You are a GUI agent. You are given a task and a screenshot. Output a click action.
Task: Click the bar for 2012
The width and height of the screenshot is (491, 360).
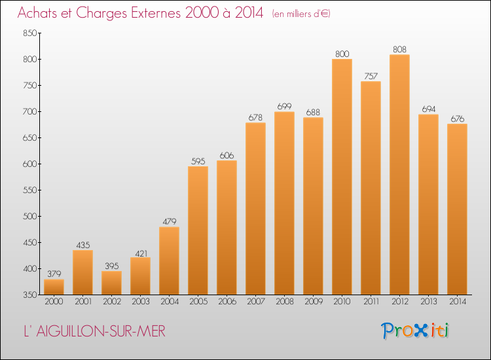click(399, 175)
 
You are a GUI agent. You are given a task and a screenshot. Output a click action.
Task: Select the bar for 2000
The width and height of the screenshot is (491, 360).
click(54, 287)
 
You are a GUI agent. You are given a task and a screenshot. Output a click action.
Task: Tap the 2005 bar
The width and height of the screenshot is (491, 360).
click(198, 230)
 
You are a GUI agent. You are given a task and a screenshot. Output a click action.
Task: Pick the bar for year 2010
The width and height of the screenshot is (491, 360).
click(342, 177)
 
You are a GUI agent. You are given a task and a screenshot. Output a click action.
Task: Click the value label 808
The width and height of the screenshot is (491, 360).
click(399, 50)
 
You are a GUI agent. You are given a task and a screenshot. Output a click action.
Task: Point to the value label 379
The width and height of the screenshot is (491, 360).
click(54, 274)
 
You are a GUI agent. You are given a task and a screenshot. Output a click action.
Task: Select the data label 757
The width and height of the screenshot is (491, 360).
click(371, 76)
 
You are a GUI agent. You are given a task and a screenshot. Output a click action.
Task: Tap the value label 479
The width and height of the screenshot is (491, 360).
click(170, 222)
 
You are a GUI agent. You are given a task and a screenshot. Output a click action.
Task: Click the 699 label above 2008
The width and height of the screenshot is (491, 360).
click(284, 107)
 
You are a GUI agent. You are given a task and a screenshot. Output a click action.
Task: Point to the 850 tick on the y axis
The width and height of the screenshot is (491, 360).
click(30, 33)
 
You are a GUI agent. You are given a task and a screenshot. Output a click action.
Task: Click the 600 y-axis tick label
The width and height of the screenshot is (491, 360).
click(30, 164)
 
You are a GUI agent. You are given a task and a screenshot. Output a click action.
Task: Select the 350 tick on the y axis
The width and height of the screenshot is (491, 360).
click(30, 295)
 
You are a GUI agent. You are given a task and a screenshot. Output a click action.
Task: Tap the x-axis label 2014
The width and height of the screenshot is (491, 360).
click(458, 302)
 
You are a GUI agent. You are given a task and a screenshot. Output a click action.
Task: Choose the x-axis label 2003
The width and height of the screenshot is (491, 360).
click(141, 302)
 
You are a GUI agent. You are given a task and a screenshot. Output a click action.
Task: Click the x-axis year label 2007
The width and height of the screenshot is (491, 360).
click(256, 302)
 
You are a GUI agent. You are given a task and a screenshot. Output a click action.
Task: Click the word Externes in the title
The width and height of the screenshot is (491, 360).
click(156, 13)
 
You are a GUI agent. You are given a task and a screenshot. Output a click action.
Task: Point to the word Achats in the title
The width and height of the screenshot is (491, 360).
click(37, 13)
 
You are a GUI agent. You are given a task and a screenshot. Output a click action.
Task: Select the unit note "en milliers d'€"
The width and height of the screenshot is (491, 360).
click(301, 14)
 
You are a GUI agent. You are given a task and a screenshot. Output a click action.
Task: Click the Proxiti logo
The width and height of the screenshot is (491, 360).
click(415, 331)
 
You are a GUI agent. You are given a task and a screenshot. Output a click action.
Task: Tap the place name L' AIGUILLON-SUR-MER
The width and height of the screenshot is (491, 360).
click(94, 331)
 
